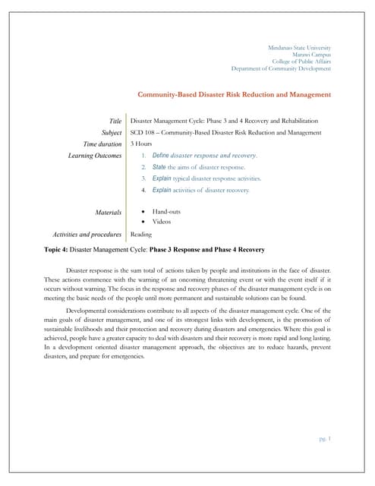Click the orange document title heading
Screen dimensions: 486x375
pos(234,95)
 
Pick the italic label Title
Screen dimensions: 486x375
pos(115,121)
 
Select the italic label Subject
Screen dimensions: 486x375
pos(111,132)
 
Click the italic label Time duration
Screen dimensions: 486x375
pos(102,144)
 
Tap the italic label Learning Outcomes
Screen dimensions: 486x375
pos(95,156)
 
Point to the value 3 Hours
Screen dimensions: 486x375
pos(141,144)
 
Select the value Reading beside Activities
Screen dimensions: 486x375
pos(141,235)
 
